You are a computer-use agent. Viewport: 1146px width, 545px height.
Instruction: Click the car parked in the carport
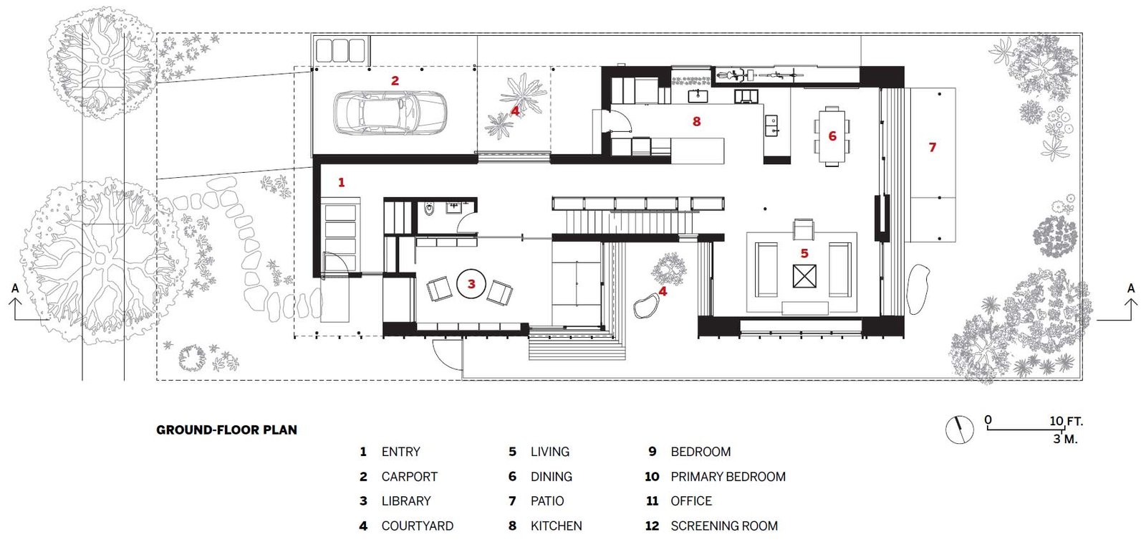click(x=390, y=113)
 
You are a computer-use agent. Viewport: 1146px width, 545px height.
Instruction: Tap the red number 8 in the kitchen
click(x=696, y=122)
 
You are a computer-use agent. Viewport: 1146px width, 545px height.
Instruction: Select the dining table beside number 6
click(x=832, y=136)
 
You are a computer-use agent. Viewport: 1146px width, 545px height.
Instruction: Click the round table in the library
click(x=471, y=284)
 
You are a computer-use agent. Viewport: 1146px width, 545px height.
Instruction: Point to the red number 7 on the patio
click(x=932, y=147)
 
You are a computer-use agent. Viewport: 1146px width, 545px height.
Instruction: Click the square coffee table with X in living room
click(x=804, y=276)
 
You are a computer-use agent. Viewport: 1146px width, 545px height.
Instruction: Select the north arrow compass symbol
click(x=960, y=429)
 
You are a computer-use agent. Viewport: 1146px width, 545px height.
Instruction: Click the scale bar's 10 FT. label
click(x=1066, y=421)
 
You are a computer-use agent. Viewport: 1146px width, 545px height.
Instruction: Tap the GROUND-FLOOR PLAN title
click(x=226, y=430)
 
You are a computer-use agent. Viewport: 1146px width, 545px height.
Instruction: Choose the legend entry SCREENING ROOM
click(x=723, y=526)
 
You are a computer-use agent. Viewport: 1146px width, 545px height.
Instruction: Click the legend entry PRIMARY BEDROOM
click(x=728, y=477)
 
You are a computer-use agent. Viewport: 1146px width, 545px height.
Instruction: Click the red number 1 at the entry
click(x=341, y=182)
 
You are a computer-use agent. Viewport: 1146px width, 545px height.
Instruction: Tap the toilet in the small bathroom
click(x=429, y=209)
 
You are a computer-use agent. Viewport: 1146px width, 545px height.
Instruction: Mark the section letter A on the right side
click(x=1131, y=288)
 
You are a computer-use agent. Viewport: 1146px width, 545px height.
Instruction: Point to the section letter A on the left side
click(x=15, y=288)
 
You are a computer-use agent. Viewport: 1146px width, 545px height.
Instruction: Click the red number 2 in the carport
click(x=395, y=81)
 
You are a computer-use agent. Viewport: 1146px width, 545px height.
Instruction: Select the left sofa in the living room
click(x=766, y=270)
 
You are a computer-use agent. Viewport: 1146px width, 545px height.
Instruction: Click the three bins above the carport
click(x=340, y=49)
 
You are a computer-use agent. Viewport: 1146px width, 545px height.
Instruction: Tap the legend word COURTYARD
click(x=417, y=526)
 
